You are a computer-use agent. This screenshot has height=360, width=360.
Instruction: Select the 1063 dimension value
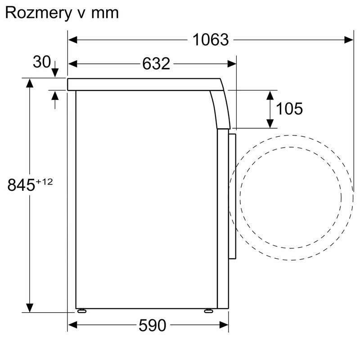211,40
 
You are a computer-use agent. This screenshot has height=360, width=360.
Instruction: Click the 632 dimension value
156,64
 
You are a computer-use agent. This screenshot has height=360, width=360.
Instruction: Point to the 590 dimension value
152,325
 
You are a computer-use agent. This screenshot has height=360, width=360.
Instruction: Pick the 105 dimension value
289,108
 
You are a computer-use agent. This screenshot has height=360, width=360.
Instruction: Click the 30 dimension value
42,62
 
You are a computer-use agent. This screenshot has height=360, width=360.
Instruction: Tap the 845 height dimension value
21,184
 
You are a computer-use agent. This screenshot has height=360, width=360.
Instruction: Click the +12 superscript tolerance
45,181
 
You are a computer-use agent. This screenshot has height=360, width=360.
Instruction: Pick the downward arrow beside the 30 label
55,72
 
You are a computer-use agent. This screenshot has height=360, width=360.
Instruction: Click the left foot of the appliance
82,310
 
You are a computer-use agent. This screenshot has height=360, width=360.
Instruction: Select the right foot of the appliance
208,310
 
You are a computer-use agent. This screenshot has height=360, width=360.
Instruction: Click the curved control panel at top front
220,106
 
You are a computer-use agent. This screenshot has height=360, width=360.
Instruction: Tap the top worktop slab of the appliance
144,84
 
